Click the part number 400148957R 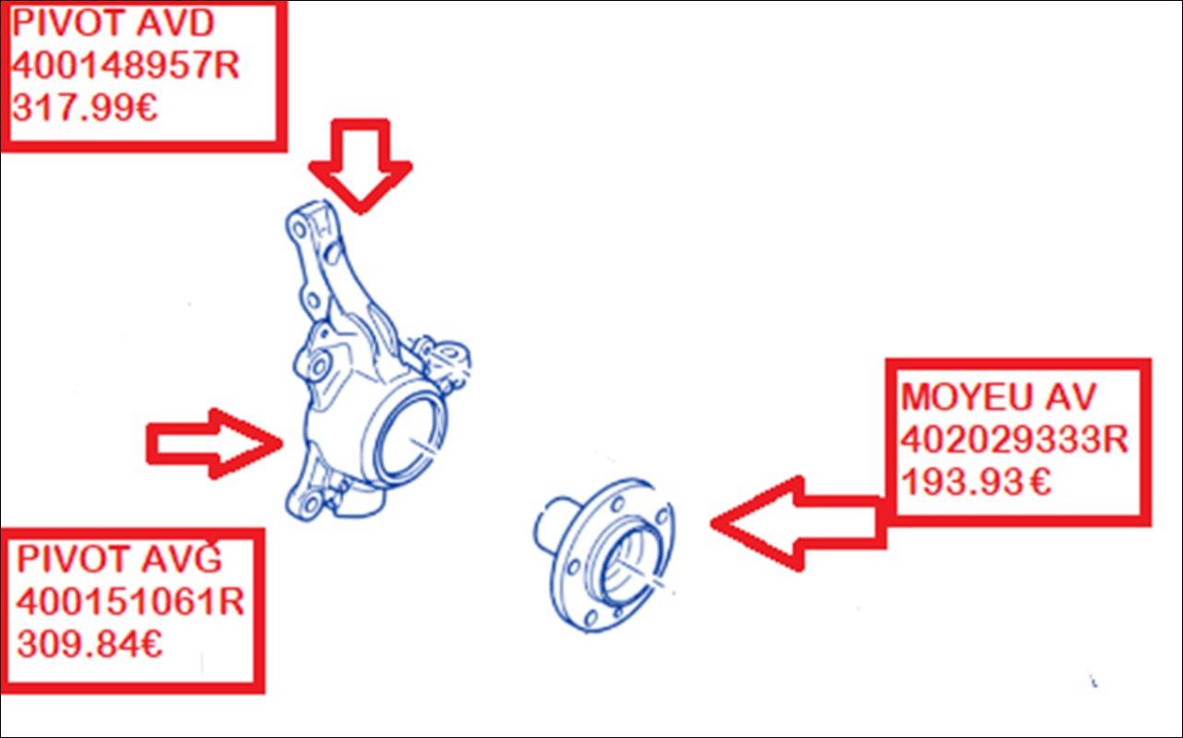click(125, 66)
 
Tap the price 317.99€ click(85, 108)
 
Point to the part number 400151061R click(130, 601)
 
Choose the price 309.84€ click(89, 644)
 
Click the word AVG click(181, 558)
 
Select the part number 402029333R click(1014, 439)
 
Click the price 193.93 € click(976, 482)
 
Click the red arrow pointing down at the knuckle click(361, 166)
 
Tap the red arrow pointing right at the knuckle click(215, 444)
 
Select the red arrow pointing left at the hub click(799, 523)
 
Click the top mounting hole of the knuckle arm click(299, 231)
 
